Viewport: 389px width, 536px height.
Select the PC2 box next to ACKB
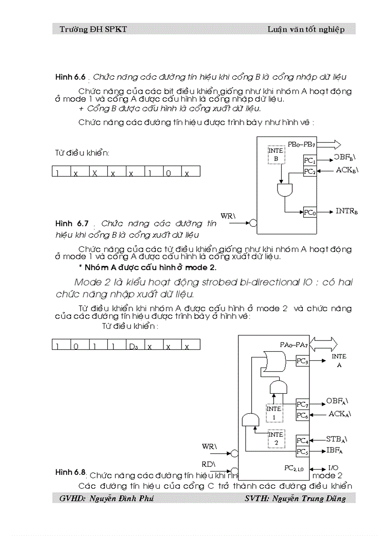click(310, 171)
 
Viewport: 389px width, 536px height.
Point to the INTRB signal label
click(347, 210)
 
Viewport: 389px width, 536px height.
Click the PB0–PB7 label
click(301, 144)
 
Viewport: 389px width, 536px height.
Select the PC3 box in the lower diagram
click(302, 362)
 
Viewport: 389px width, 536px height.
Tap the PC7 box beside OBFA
click(302, 404)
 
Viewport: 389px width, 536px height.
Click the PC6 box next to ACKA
click(302, 415)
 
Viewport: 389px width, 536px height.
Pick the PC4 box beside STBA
click(302, 440)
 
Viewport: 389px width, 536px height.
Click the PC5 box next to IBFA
click(302, 452)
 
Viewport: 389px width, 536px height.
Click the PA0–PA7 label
click(293, 344)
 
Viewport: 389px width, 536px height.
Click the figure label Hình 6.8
click(70, 473)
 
